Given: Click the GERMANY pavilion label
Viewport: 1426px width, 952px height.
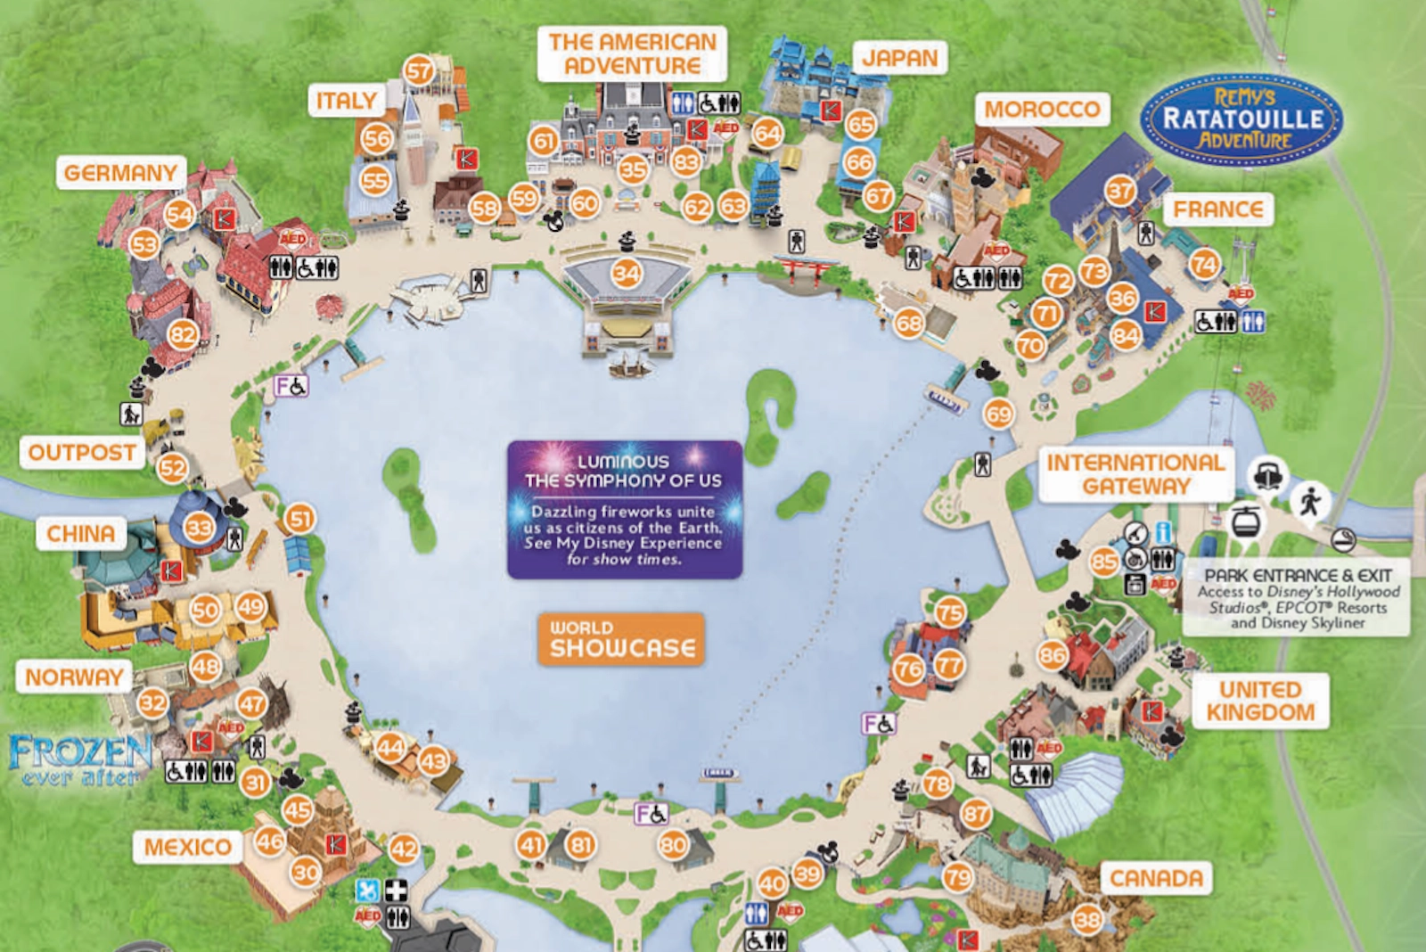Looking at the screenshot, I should [120, 172].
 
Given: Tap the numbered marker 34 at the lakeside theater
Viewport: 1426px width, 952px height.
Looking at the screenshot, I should [627, 273].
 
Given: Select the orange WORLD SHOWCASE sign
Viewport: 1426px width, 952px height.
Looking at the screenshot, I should [621, 639].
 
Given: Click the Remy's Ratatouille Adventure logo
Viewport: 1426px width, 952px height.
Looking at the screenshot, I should [1242, 119].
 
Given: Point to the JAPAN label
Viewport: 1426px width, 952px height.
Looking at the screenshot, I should [899, 59].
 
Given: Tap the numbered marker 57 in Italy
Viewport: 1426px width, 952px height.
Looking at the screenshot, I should [419, 70].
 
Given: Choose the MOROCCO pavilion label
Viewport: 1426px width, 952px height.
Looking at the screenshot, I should [1041, 110].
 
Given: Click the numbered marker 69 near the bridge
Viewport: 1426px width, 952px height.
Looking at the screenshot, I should [999, 414].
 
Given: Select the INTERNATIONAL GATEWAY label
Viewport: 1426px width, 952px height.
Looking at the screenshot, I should [1135, 474].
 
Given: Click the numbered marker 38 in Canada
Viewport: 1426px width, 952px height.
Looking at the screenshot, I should [1087, 919].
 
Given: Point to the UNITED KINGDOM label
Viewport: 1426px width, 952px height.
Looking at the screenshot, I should [1260, 701].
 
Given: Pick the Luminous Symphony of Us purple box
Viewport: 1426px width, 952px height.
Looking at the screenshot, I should [624, 510].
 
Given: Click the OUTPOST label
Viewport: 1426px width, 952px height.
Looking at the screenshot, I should [82, 452].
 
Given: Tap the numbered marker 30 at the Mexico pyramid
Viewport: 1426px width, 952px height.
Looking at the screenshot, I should [306, 872].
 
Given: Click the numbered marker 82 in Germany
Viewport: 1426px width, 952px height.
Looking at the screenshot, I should [183, 335].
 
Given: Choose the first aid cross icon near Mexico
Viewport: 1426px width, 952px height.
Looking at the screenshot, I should [395, 890].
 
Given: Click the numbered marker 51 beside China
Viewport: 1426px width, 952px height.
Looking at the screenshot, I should [300, 519].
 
